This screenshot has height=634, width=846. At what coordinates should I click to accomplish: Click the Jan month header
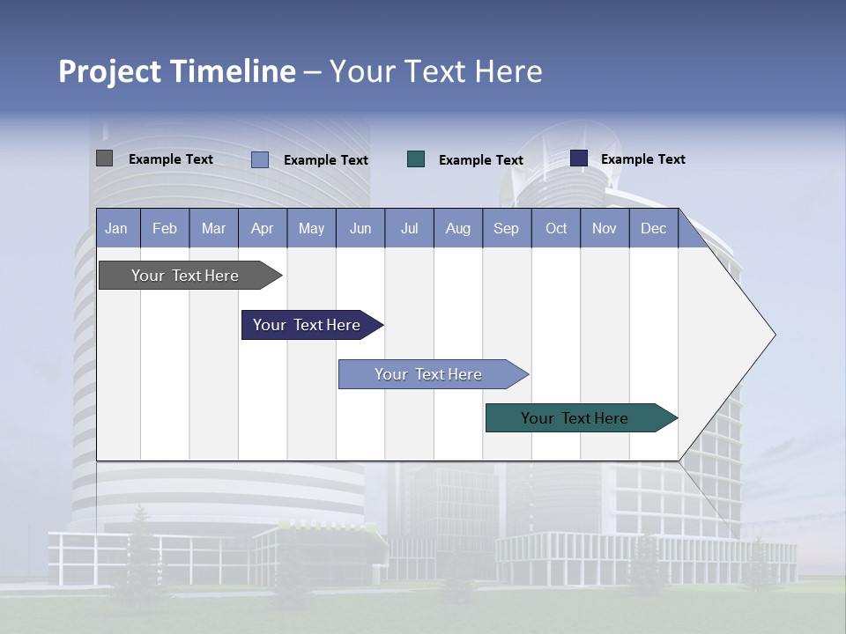coord(117,229)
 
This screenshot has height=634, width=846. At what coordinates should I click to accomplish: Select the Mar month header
coord(213,229)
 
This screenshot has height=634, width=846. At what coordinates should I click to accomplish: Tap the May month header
coord(311,229)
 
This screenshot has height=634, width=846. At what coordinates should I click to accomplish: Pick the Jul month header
coord(409,229)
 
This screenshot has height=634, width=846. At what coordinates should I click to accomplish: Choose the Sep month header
coord(506,229)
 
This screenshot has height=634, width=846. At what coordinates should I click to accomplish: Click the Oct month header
coord(556,229)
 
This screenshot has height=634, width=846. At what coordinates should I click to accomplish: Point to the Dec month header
coord(653,229)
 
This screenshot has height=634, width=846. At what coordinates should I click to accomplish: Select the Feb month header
coord(165,229)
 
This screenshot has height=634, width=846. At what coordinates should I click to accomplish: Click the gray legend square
coord(104,158)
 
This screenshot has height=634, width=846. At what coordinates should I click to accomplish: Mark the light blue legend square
coord(260,159)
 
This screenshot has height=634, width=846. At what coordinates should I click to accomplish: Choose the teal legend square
coord(416,159)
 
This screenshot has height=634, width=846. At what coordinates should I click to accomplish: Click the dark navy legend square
coord(579,158)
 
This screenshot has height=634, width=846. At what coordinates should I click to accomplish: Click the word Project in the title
coord(109,71)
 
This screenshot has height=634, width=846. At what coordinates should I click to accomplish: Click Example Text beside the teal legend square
coord(481,160)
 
